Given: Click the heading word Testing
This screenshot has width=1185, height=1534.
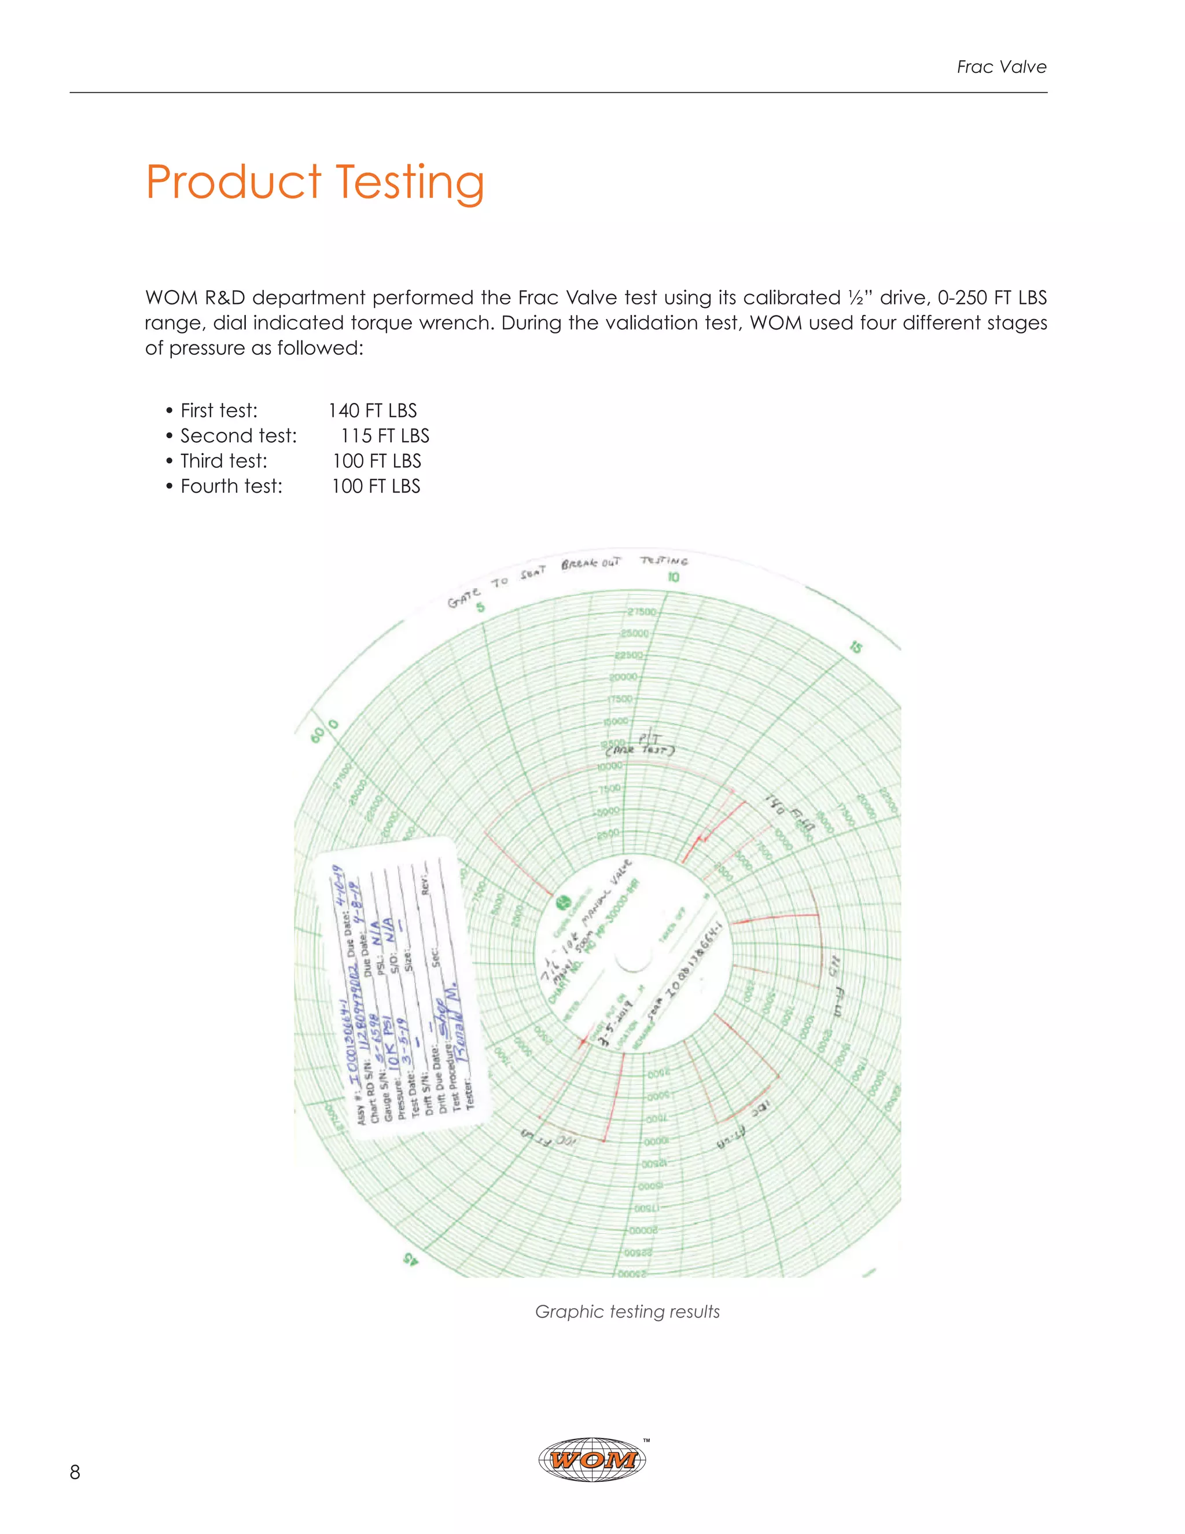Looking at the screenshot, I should [409, 182].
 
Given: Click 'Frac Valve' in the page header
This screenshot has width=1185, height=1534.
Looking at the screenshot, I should [1001, 67].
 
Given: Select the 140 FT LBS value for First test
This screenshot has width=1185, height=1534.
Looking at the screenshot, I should [372, 411].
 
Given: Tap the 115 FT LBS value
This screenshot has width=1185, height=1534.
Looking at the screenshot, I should [385, 436].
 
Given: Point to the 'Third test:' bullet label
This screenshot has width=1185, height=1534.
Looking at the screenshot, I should [223, 461].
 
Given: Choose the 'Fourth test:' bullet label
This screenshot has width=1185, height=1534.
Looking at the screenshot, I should [231, 487].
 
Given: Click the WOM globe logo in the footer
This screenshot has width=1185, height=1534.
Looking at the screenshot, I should [592, 1459].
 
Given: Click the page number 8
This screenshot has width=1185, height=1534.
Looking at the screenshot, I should [75, 1472].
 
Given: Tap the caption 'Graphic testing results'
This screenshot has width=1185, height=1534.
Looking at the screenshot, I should [627, 1311].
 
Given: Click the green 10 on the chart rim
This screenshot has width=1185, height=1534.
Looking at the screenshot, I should [674, 577].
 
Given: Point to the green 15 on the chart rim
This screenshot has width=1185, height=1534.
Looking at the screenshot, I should [855, 647].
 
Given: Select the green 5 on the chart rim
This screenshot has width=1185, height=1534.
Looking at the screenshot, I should [480, 607].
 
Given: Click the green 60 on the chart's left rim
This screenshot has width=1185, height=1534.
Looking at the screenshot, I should [317, 735].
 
